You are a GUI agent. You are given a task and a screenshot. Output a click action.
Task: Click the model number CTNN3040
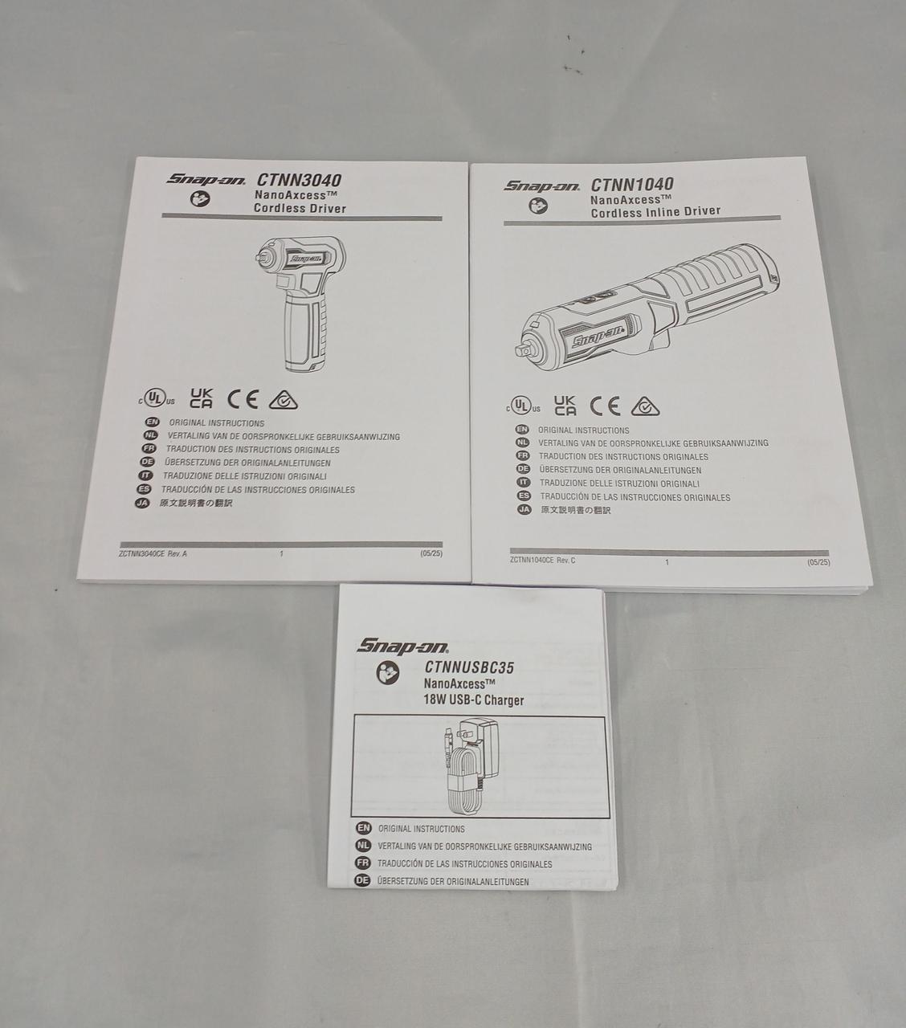[x=300, y=180]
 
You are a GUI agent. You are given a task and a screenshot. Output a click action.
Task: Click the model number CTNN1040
[x=632, y=184]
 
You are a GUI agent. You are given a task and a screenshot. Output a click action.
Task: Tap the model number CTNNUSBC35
[x=469, y=667]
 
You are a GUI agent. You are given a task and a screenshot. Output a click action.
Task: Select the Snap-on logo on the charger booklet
[x=402, y=647]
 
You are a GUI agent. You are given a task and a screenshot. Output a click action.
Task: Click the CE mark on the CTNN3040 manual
[x=243, y=399]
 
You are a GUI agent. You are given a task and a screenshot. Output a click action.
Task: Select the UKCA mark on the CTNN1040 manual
[x=565, y=406]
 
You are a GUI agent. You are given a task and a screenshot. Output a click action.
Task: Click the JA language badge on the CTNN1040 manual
[x=524, y=509]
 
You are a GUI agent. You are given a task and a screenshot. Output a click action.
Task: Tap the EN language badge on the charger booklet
[x=363, y=828]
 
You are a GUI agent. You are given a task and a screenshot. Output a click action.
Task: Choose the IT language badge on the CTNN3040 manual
[x=145, y=475]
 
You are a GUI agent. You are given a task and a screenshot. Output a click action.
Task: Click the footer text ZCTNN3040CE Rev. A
[x=153, y=553]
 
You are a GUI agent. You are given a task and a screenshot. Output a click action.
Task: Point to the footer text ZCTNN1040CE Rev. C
[x=543, y=560]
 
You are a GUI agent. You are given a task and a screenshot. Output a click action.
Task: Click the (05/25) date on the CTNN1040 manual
[x=818, y=562]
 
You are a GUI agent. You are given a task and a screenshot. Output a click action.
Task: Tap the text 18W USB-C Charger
[x=474, y=700]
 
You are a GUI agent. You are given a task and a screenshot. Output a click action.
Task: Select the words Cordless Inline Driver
[x=655, y=211]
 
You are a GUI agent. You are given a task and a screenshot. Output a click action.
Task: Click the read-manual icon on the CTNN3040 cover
[x=200, y=198]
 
